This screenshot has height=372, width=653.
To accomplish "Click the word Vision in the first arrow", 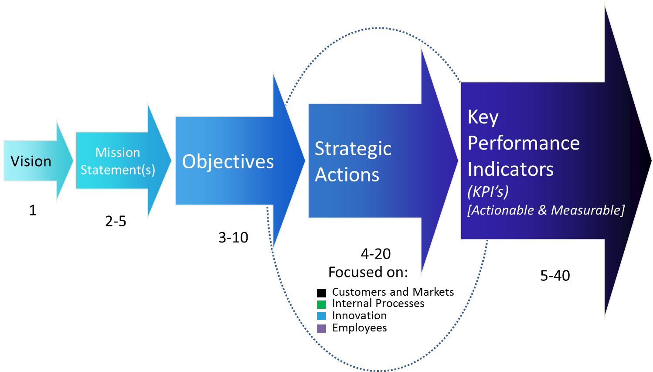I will click(31, 161).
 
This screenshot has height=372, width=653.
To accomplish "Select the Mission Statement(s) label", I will click(118, 161).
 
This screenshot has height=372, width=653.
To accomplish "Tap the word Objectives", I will click(228, 162).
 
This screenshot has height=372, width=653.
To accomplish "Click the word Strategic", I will click(353, 149).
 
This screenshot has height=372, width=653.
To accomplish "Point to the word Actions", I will click(347, 175).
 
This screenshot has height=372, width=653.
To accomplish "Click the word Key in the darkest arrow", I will click(483, 117).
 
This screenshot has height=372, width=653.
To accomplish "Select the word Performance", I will click(524, 143).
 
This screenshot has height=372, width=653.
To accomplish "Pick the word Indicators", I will click(510, 169).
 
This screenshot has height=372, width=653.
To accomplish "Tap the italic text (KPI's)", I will click(488, 191).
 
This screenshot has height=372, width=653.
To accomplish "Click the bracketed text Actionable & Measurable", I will click(546, 210).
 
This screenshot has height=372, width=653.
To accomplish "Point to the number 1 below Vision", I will click(33, 210).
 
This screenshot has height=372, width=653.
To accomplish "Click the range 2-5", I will click(116, 221).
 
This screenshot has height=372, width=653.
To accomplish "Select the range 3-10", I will click(233, 238).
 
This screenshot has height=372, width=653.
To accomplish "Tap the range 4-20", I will click(376, 254).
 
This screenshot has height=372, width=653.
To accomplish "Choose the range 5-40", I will click(555, 276).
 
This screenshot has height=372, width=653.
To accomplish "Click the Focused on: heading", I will click(368, 272).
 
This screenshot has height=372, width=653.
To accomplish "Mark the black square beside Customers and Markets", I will click(321, 293).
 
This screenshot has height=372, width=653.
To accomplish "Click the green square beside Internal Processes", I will click(321, 304).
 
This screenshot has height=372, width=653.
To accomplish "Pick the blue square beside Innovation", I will click(321, 316).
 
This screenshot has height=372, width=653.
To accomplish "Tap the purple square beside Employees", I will click(321, 328).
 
